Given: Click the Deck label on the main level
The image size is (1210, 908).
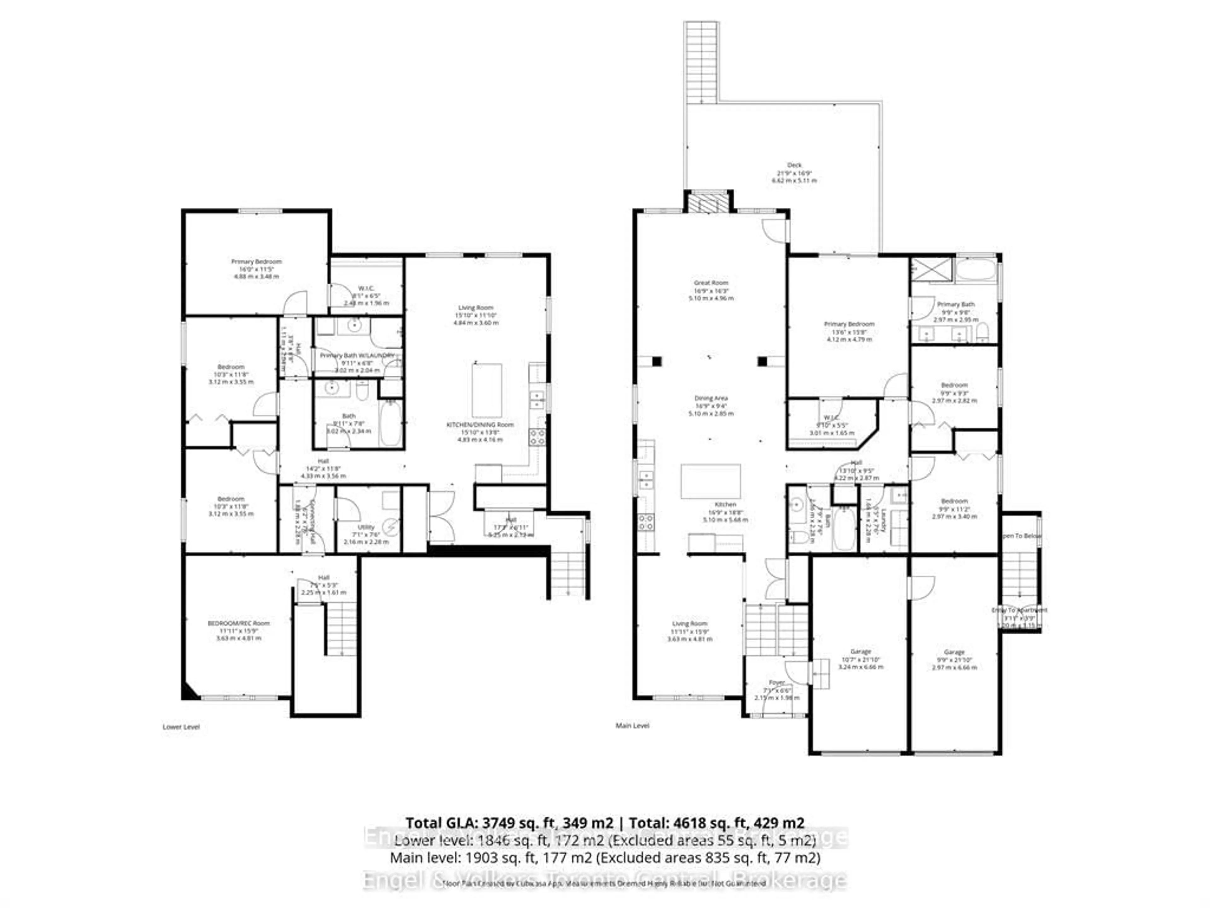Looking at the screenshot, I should tap(794, 165).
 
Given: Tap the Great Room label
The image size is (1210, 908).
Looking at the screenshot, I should tap(711, 283).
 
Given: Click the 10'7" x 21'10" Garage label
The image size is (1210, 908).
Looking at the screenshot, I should tap(861, 652).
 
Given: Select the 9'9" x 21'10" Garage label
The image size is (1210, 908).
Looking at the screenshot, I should tap(954, 652).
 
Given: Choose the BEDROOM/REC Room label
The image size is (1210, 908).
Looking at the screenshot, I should tap(239, 623).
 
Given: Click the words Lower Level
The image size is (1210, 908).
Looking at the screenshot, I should tap(181, 727).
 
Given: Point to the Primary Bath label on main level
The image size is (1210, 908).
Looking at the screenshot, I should tap(956, 304).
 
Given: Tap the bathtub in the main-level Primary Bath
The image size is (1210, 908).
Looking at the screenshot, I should tap(977, 271).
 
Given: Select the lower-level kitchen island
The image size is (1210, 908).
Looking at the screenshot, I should tap(487, 390).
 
